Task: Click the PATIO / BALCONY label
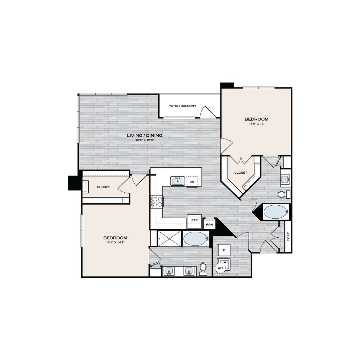pyautogui.click(x=182, y=106)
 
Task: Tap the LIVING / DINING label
pyautogui.click(x=144, y=135)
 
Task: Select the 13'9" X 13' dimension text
pyautogui.click(x=256, y=123)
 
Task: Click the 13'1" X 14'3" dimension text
pyautogui.click(x=115, y=242)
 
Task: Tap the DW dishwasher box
pyautogui.click(x=192, y=182)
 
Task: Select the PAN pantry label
pyautogui.click(x=210, y=225)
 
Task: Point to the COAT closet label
pyautogui.click(x=288, y=237)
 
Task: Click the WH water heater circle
pyautogui.click(x=220, y=268)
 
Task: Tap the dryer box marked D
pyautogui.click(x=224, y=250)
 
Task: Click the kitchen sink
pyautogui.click(x=178, y=181)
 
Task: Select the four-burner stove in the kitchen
pyautogui.click(x=156, y=202)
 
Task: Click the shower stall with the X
pyautogui.click(x=169, y=239)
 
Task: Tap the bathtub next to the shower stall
pyautogui.click(x=196, y=239)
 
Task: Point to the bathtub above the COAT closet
pyautogui.click(x=276, y=212)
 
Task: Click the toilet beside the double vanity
pyautogui.click(x=203, y=269)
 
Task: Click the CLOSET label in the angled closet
pyautogui.click(x=240, y=173)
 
